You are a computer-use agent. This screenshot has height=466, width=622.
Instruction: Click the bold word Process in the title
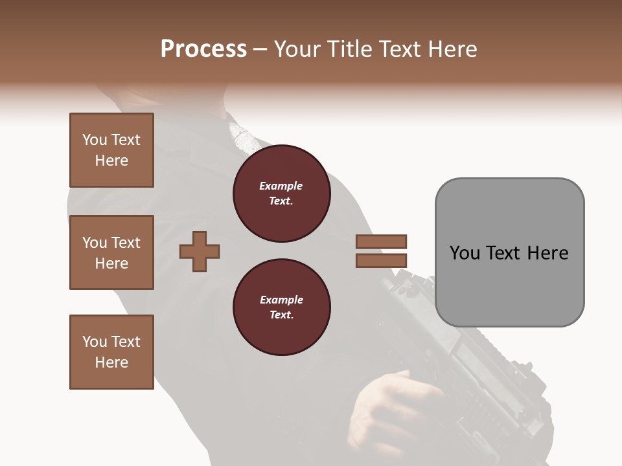pos(203,49)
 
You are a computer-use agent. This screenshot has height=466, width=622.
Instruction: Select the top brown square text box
pos(111,150)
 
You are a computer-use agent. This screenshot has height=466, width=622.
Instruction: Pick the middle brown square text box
pos(111,252)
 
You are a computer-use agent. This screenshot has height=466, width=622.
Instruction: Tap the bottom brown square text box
pos(111,352)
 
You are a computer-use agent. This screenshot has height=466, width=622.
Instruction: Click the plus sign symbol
pos(200,252)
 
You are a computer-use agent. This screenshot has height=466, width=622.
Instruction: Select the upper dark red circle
pos(281,194)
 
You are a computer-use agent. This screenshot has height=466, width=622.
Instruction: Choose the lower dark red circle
pos(281,307)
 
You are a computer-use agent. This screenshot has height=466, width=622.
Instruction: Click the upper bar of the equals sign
pos(382,241)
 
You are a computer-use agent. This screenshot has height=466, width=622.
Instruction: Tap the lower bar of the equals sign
pos(382,261)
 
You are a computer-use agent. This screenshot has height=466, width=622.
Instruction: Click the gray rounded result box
pos(509,285)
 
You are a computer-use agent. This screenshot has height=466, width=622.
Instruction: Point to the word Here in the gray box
pos(547,253)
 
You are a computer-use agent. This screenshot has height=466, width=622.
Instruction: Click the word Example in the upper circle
pos(281,186)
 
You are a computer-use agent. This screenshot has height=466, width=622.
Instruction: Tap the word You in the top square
pos(95,140)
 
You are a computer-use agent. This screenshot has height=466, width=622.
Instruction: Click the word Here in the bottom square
pos(111,362)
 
